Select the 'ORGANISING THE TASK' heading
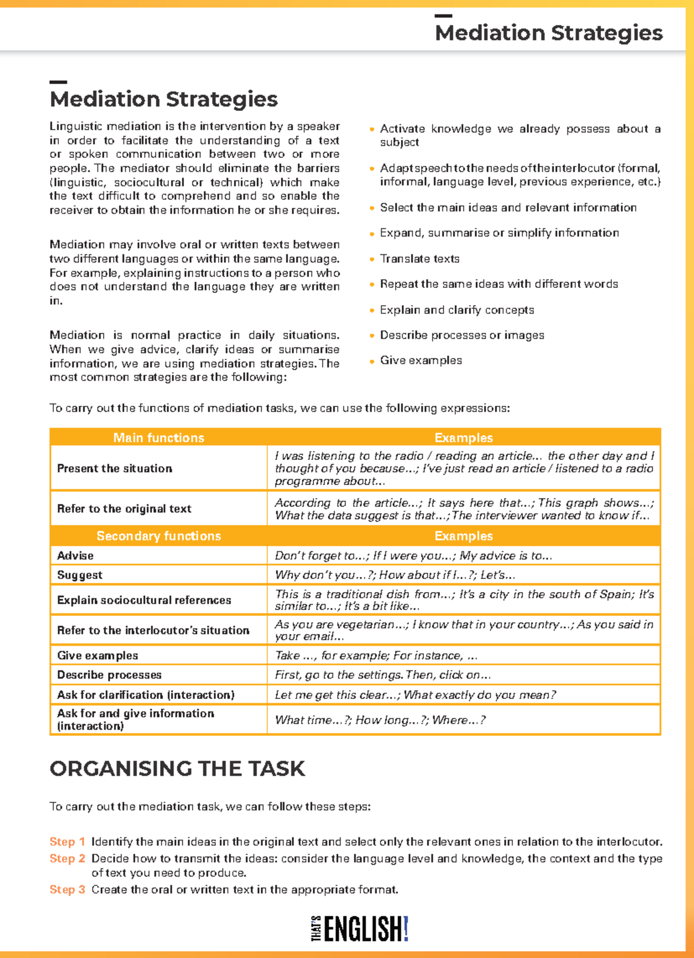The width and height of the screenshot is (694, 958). tap(177, 768)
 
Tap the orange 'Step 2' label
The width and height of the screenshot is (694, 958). tap(67, 859)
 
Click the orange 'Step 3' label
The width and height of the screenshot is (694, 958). tap(67, 889)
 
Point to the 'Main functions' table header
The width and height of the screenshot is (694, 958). tap(158, 438)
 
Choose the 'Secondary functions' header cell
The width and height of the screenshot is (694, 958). tap(158, 536)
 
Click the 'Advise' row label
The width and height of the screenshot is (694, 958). tap(75, 556)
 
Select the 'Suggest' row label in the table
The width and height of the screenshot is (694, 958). tap(80, 575)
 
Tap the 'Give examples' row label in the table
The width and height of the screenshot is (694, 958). tap(98, 656)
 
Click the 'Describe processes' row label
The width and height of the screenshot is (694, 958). tap(109, 675)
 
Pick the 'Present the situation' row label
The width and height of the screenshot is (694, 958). tap(115, 468)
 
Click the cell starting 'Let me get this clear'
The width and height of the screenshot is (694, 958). tap(415, 695)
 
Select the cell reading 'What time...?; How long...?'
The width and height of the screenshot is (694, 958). tap(380, 720)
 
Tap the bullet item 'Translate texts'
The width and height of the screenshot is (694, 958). tap(419, 258)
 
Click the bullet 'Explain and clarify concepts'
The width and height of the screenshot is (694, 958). tap(457, 310)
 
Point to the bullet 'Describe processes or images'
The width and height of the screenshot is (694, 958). tap(462, 335)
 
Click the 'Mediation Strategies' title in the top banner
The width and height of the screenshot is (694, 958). tap(548, 33)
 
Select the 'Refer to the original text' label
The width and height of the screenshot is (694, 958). tap(124, 509)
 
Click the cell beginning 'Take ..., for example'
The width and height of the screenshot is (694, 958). tap(376, 656)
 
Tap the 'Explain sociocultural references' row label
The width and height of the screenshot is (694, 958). tap(144, 600)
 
